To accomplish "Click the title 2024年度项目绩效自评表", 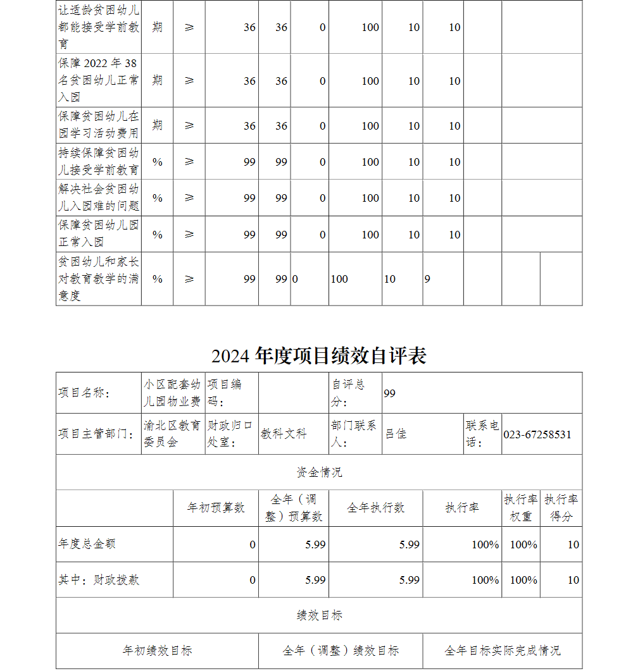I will (x=319, y=356).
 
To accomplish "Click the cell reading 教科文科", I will (x=284, y=434).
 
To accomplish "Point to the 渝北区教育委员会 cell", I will (x=172, y=434).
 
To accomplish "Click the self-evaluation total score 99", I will (x=389, y=393).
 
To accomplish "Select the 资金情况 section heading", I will (x=319, y=472).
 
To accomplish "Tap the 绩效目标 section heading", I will (x=319, y=615).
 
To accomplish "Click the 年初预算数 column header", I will (x=216, y=508).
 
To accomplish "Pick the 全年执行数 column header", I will (x=375, y=508).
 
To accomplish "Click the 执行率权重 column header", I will (x=521, y=508).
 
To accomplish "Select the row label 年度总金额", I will (x=87, y=544).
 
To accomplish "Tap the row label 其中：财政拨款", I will (x=99, y=580).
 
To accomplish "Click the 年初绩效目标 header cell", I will (x=157, y=651).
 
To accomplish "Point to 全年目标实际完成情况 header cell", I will (x=502, y=651).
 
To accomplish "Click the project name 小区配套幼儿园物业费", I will (x=172, y=393).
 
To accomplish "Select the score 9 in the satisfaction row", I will (x=427, y=279).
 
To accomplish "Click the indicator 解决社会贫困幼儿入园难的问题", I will (x=98, y=198).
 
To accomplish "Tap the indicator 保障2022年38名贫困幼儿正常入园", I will (x=98, y=80).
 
